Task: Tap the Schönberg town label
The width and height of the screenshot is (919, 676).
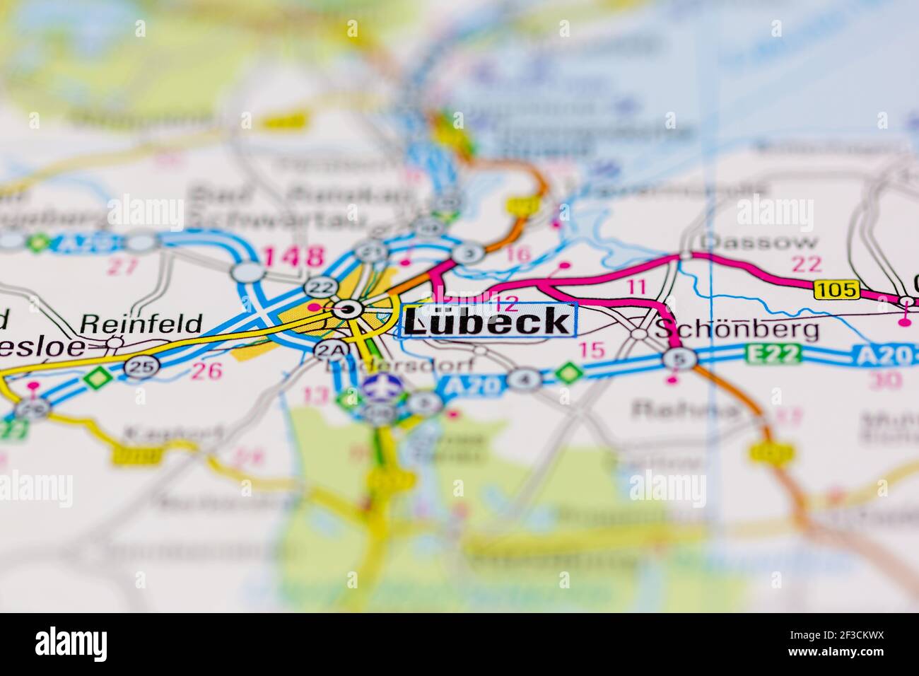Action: [737, 329]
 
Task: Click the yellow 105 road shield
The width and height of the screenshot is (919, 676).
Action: [836, 289]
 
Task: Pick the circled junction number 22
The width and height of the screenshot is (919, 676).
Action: [320, 286]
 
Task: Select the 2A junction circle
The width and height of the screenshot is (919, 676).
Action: [327, 349]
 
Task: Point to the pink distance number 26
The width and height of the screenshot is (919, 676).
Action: [206, 370]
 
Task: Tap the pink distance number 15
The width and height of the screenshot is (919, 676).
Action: [592, 349]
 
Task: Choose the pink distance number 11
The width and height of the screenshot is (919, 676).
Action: [637, 286]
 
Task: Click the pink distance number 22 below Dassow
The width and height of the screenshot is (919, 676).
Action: [807, 264]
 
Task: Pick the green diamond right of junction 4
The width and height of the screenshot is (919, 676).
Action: [567, 373]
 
